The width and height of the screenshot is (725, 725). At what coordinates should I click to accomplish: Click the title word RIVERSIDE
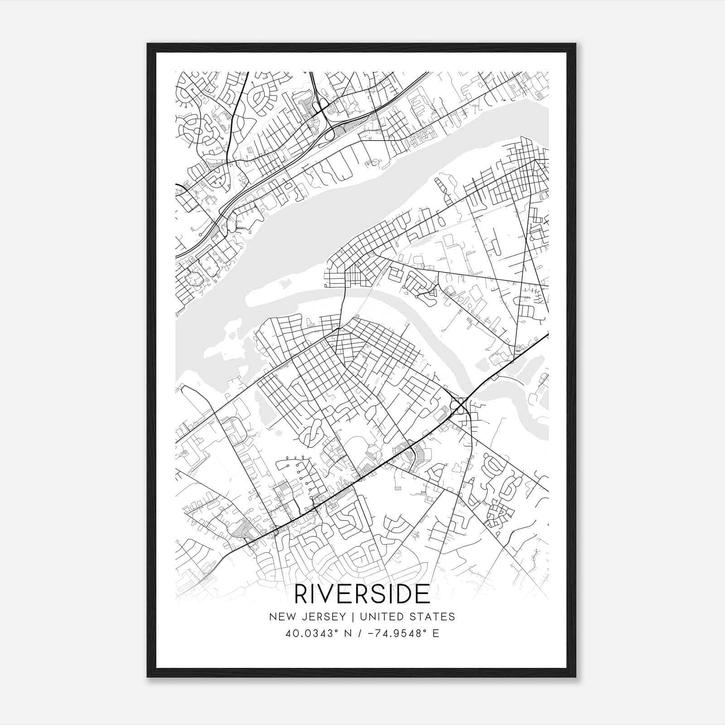point(362,594)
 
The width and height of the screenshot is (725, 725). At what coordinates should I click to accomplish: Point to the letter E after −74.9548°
point(435,633)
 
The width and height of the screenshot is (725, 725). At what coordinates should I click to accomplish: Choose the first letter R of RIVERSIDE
point(301,594)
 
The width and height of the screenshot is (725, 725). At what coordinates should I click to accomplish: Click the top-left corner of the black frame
point(148,44)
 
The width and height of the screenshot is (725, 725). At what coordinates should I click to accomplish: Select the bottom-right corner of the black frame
point(575,677)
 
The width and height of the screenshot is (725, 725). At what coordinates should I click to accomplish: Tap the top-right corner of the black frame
point(575,44)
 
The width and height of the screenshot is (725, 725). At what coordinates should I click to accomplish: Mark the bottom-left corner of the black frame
point(148,677)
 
